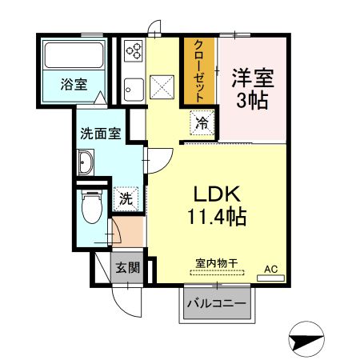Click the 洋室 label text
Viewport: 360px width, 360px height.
pos(253,78)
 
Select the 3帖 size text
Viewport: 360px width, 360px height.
pos(252,101)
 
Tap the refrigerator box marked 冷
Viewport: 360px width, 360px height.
pos(203,124)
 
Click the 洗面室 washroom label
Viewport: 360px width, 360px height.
pos(100,134)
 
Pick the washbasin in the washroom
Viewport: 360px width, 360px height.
pos(87,166)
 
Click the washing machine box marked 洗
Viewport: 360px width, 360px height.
pos(126,198)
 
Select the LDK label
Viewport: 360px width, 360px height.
pos(214,194)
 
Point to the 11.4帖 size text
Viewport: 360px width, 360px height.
pos(216,216)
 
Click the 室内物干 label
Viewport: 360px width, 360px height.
pos(216,262)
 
